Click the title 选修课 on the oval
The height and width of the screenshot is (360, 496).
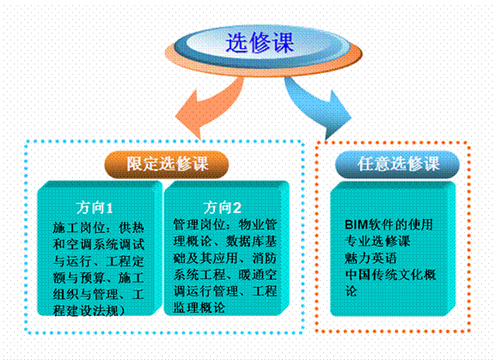click(260, 42)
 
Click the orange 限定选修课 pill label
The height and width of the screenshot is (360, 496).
click(167, 164)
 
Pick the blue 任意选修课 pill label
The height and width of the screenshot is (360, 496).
click(397, 164)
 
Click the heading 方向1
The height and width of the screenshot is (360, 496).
click(95, 208)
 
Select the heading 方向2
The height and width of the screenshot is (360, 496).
click(222, 208)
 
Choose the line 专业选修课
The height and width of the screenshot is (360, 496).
click(377, 241)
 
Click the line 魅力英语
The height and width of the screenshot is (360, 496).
click(370, 258)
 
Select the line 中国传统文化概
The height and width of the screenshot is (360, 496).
click(390, 275)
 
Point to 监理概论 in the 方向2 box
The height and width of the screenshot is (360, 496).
click(199, 308)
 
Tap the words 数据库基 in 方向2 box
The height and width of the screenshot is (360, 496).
click(252, 241)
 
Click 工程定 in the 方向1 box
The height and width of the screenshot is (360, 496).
click(125, 261)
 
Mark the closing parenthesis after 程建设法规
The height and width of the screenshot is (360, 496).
click(121, 311)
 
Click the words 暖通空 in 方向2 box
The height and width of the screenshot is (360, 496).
click(258, 274)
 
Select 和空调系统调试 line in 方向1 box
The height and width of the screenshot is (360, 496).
click(98, 244)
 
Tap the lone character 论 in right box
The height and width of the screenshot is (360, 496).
click(351, 291)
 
